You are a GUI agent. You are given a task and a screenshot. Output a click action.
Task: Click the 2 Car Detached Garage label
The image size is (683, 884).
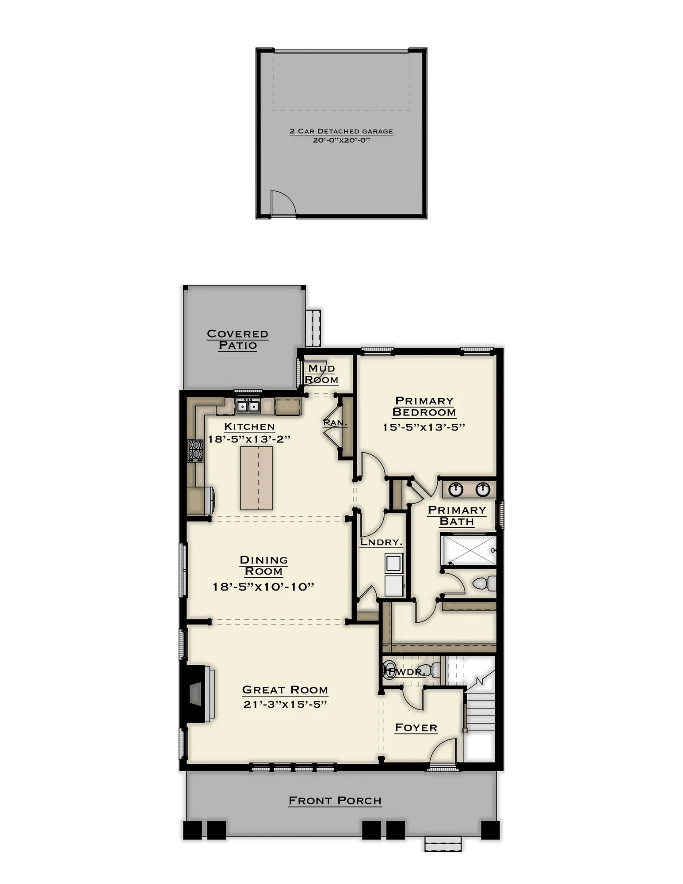(341, 131)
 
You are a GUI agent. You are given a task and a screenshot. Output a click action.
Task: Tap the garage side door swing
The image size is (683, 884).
(282, 204)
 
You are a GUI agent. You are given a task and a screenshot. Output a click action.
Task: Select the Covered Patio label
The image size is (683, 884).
(238, 339)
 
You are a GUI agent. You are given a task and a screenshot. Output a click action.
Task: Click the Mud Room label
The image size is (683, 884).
(322, 374)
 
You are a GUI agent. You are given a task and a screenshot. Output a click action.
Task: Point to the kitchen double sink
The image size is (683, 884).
(248, 406)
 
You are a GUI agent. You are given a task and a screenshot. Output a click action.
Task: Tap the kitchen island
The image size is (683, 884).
(256, 478)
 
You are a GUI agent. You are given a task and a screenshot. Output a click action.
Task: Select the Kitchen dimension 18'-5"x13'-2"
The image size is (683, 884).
(249, 439)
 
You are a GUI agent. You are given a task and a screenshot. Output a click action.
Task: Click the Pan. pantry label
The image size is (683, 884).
(335, 423)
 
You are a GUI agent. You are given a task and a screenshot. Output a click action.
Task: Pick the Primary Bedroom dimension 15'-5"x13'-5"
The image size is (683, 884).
(425, 427)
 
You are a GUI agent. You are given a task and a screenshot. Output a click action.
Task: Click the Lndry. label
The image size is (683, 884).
(381, 542)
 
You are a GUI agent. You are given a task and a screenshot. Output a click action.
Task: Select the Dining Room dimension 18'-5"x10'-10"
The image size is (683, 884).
(263, 587)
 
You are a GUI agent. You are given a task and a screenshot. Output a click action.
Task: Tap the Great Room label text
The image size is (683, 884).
(285, 690)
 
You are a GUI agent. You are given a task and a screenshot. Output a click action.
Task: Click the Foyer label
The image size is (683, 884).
(416, 727)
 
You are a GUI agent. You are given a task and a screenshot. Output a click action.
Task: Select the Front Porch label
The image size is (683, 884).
(335, 800)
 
